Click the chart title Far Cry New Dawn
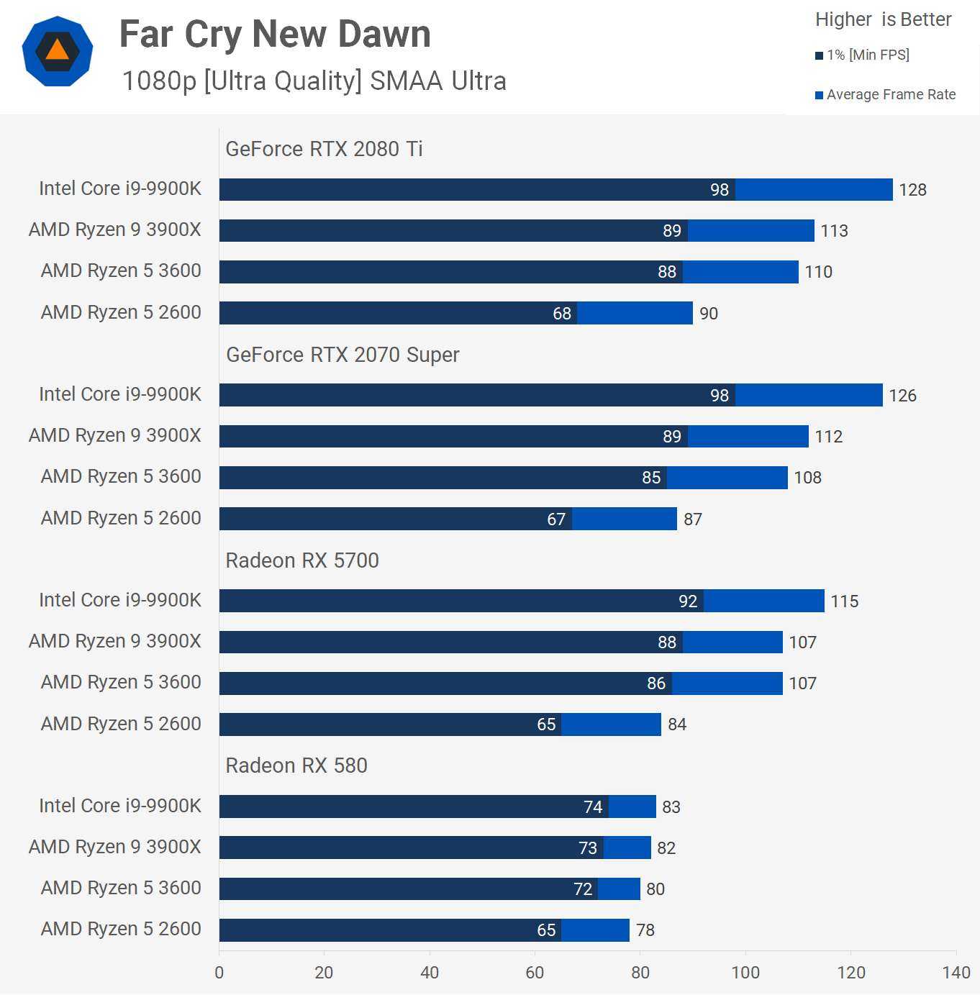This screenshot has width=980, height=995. (x=275, y=34)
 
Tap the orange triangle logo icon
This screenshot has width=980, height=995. (x=57, y=51)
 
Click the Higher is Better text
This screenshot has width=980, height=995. (x=883, y=19)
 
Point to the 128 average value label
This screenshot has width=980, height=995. (x=912, y=190)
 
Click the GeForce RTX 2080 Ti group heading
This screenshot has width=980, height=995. (x=324, y=149)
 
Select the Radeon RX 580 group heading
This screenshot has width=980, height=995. (x=296, y=765)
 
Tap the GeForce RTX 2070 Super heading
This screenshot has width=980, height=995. (x=342, y=355)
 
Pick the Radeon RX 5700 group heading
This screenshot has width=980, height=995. (x=302, y=560)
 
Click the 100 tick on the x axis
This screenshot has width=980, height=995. (x=745, y=973)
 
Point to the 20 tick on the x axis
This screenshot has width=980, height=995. (x=324, y=973)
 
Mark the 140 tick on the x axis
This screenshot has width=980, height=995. (x=956, y=973)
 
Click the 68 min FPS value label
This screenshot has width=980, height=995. (x=562, y=314)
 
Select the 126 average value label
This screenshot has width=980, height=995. (x=902, y=396)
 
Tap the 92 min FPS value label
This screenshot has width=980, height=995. (x=688, y=601)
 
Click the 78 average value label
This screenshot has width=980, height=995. (x=645, y=930)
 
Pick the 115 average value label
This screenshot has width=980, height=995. (x=845, y=601)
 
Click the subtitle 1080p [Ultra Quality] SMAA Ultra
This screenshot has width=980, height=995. (x=314, y=81)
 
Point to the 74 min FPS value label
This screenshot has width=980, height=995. (x=593, y=807)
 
